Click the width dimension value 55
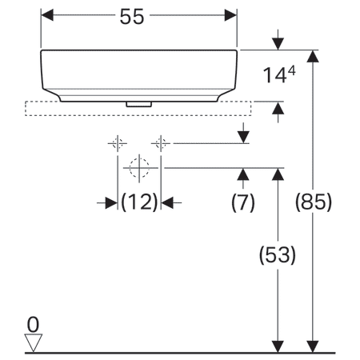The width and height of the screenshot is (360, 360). (x=138, y=17)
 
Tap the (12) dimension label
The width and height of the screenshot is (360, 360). (x=139, y=203)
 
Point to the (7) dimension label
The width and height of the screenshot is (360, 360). (x=242, y=203)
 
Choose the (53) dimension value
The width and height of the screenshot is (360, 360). (x=277, y=255)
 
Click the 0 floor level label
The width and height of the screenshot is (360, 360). (x=32, y=324)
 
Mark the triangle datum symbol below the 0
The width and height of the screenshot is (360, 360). (x=33, y=342)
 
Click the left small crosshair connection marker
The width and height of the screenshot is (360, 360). (x=118, y=144)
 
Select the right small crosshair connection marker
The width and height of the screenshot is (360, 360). (x=161, y=144)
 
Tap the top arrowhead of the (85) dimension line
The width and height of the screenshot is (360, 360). (x=313, y=57)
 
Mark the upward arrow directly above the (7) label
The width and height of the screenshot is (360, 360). (x=242, y=175)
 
